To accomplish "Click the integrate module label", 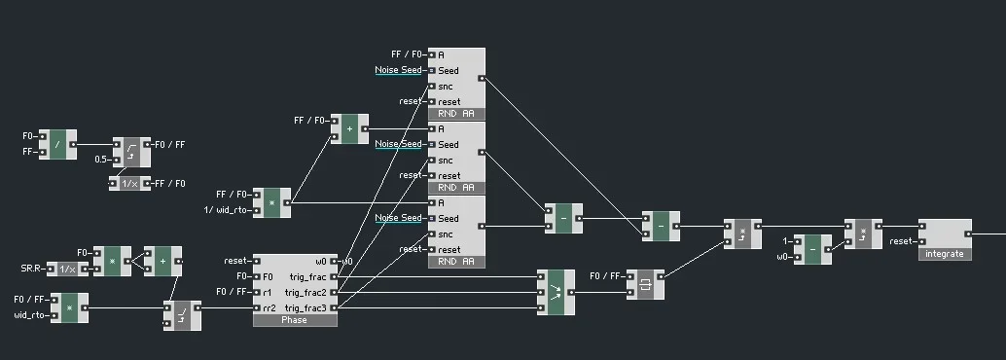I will pyautogui.click(x=945, y=254).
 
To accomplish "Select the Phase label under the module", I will pyautogui.click(x=294, y=320).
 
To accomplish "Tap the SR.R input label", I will pyautogui.click(x=32, y=269).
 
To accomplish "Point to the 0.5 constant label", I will pyautogui.click(x=100, y=159).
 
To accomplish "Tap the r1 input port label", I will pyautogui.click(x=268, y=292).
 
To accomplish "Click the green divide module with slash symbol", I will pyautogui.click(x=57, y=144).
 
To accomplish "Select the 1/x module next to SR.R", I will pyautogui.click(x=66, y=269).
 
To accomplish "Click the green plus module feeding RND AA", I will pyautogui.click(x=349, y=128).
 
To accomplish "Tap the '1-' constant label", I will pyautogui.click(x=787, y=240).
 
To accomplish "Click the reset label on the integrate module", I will pyautogui.click(x=901, y=241).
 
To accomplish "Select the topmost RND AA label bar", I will pyautogui.click(x=456, y=114).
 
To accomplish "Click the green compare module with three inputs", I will pyautogui.click(x=555, y=292).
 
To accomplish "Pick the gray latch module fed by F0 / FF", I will pyautogui.click(x=645, y=284).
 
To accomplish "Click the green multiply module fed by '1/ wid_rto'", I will pyautogui.click(x=271, y=202).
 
